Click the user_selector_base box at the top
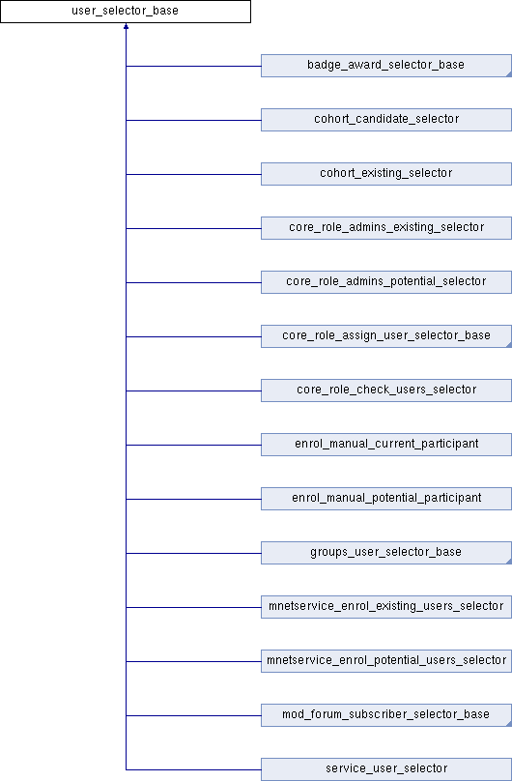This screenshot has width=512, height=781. point(126,12)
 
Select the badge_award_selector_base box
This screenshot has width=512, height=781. point(386,66)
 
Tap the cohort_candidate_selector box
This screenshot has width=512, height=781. point(386,120)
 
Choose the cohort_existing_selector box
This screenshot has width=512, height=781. point(386,174)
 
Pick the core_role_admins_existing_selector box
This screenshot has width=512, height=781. point(386,228)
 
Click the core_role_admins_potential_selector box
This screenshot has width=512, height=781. point(386,282)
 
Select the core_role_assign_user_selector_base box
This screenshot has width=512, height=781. point(386,336)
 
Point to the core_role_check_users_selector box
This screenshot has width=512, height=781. point(386,390)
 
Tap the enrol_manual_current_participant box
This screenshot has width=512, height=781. point(386,445)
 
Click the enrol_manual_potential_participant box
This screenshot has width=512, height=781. point(386,499)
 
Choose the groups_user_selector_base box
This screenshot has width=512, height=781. point(386,553)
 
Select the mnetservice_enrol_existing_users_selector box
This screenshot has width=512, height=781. point(386,607)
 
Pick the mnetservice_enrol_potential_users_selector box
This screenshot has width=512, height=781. point(386,661)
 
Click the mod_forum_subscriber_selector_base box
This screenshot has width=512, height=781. point(386,715)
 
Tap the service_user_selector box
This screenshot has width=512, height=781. point(386,769)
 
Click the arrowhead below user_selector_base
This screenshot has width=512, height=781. point(126,26)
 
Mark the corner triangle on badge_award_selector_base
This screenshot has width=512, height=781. point(509,74)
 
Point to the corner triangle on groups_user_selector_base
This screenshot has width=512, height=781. point(509,562)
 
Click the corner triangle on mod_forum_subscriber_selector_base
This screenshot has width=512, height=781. point(509,725)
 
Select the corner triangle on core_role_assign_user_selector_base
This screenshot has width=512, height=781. point(509,346)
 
